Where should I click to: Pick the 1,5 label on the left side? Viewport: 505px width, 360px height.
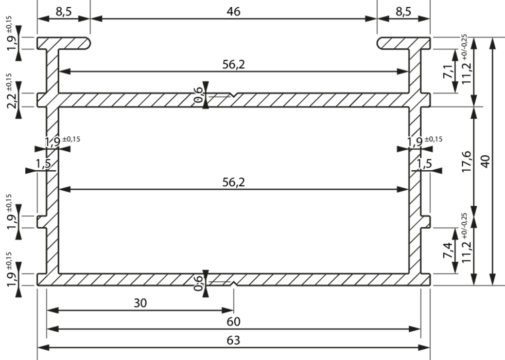42,164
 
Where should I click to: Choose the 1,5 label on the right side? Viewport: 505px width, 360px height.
424,164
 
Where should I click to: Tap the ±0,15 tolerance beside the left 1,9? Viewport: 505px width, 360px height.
72,139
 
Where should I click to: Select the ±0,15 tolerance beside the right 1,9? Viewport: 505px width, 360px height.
434,139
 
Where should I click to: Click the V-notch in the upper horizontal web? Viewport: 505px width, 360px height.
234,95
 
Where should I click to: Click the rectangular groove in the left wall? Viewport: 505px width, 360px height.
42,222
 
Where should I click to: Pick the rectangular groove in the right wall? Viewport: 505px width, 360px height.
425,222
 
